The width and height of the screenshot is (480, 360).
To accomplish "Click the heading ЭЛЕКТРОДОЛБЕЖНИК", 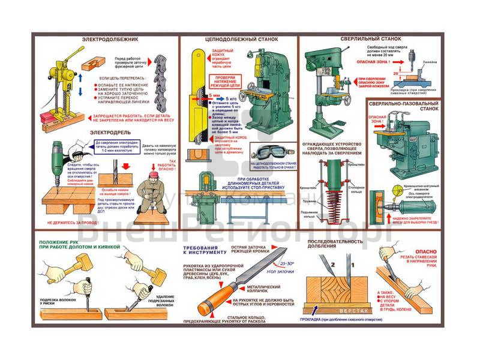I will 110,40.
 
